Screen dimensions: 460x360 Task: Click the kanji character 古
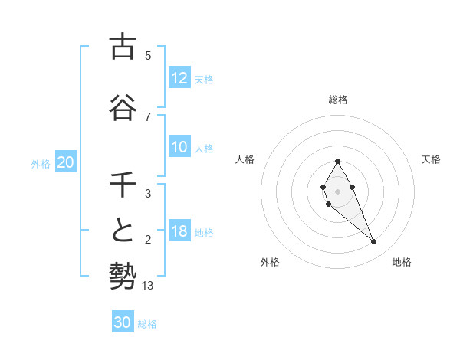point(123,47)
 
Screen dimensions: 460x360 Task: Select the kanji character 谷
point(123,108)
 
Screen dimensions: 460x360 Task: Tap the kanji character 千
point(123,186)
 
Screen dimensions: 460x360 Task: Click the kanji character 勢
point(123,274)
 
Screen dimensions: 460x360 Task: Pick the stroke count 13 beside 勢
point(149,286)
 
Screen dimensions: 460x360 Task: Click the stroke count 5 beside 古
point(148,56)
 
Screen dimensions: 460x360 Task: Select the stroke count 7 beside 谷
point(148,116)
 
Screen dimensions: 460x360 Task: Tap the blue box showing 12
point(179,78)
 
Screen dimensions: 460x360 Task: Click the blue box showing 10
point(179,147)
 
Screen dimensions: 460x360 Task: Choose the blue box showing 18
point(179,231)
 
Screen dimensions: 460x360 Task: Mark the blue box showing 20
point(65,162)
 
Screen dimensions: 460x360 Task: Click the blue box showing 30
point(122,322)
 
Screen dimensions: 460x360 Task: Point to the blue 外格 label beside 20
point(41,163)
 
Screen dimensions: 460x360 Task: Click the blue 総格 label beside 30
point(147,324)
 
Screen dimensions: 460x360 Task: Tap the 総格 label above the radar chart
point(337,100)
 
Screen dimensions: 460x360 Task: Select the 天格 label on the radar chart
point(432,159)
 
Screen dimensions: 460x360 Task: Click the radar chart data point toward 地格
point(373,241)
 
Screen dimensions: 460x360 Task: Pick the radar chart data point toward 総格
point(337,161)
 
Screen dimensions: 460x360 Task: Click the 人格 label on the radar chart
point(245,159)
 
